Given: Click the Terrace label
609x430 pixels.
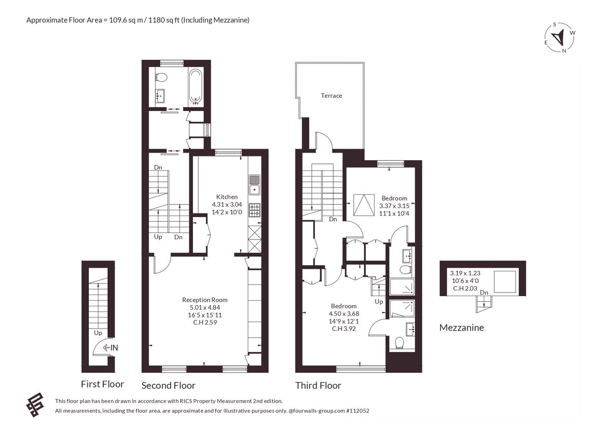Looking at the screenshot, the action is [x=331, y=96].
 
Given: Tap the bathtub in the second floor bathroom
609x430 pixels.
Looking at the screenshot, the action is [x=195, y=87].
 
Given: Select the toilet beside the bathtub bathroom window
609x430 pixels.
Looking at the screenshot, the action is [x=161, y=78].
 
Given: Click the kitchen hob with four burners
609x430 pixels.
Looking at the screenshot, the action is [x=254, y=210].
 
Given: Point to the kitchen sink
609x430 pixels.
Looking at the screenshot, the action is [x=254, y=185].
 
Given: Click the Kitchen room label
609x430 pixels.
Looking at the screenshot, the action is [x=227, y=197].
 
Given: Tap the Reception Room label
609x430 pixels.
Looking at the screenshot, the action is [x=205, y=300].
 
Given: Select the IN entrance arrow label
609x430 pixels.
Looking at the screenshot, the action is [x=111, y=347].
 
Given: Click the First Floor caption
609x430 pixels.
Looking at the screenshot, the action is [x=103, y=384].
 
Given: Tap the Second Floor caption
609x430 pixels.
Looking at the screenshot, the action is [x=168, y=385].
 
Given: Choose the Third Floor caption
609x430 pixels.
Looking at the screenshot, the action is [x=318, y=385].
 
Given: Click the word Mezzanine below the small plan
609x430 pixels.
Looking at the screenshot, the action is [x=462, y=328].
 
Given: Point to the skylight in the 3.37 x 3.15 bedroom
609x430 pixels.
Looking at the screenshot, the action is [x=364, y=205].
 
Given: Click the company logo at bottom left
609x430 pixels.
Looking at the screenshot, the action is [x=35, y=405].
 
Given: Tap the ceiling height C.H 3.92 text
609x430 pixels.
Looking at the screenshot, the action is [x=344, y=329].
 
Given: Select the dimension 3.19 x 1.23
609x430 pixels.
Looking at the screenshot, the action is [x=465, y=273].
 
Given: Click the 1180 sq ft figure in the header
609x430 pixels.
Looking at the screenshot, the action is [x=164, y=20].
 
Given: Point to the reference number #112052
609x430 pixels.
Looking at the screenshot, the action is [x=358, y=411].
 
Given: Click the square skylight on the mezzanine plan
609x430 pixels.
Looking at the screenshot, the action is [x=505, y=281].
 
